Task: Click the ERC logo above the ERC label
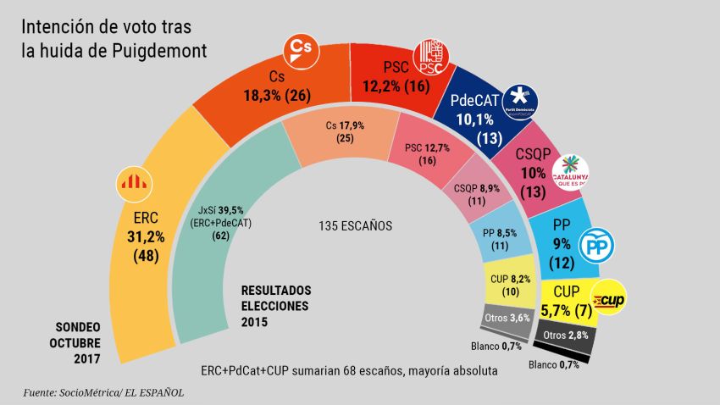(130, 180)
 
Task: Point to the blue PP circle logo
(595, 246)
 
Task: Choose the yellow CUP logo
(609, 300)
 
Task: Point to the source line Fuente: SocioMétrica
(102, 391)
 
